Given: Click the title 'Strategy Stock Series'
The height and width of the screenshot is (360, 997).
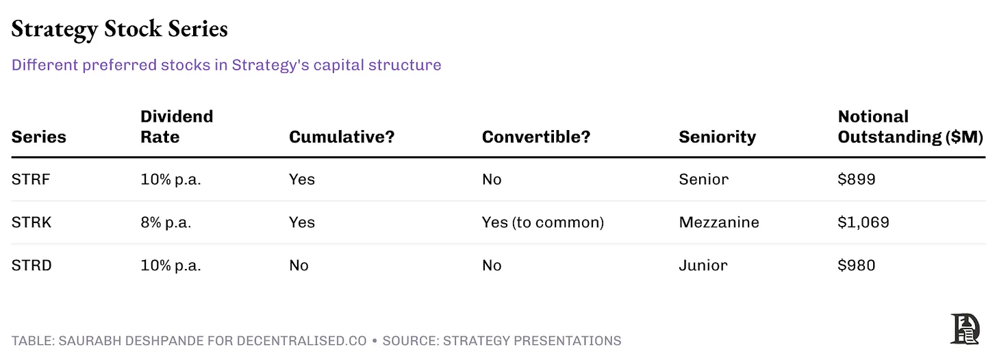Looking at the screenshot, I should coord(119,29).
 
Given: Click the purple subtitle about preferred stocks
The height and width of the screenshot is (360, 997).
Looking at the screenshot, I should coord(226,65).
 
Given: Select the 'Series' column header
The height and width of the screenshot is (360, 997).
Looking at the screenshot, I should coord(38,137).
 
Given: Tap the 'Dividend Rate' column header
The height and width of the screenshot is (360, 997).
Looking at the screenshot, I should coord(177,127).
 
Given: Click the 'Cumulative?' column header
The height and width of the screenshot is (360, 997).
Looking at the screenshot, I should coord(342,137).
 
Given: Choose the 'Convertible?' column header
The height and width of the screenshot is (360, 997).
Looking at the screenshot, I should coord(535,137).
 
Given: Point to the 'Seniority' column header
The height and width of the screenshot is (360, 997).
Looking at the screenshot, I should coord(717,137).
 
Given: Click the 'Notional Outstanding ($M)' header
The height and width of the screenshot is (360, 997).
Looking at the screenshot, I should coord(910,127).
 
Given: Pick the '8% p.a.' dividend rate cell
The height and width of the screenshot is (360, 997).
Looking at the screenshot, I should coord(166,222).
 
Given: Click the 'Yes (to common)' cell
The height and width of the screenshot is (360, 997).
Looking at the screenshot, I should coord(542,222).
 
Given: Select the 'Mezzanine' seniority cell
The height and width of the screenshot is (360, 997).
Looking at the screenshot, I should coord(718,222).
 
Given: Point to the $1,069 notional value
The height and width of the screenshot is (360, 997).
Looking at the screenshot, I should coord(863,222).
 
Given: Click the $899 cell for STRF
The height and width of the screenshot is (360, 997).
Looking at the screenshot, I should coord(857,179).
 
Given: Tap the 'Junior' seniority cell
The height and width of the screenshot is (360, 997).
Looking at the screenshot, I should coord(703,266).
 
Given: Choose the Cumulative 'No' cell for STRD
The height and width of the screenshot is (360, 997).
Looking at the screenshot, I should coord(299,266).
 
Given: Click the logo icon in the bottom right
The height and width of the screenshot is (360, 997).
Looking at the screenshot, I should coord(965,329).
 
